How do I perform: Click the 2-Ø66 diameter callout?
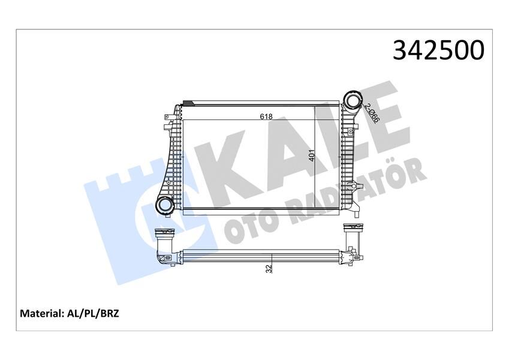(372, 113)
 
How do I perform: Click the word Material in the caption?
(43, 313)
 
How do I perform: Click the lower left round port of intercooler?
(164, 205)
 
